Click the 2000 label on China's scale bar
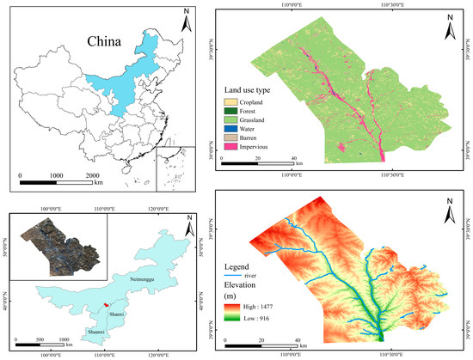(x=93, y=174)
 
